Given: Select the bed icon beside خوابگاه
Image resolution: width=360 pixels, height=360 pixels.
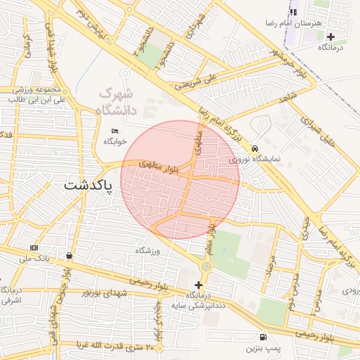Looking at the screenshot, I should point(115,131).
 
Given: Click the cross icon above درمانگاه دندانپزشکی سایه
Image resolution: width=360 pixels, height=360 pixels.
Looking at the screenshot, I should point(198,285).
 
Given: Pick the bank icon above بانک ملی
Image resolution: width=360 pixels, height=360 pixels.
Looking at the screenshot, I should point(34,248).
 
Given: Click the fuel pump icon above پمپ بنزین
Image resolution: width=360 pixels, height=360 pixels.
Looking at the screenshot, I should point(263,337).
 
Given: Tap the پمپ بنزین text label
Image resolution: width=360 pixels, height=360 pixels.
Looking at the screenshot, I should point(263,348).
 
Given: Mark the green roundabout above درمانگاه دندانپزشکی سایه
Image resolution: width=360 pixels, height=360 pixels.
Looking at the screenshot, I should point(206,266).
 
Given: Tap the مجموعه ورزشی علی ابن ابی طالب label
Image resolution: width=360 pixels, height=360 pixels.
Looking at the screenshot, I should point(39,95).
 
